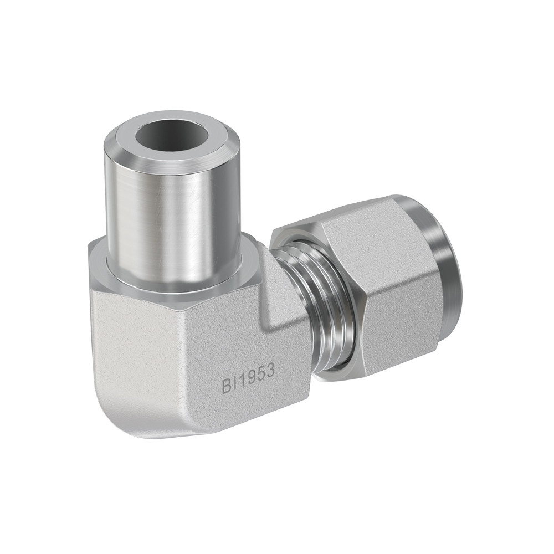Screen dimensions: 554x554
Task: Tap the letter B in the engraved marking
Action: click(x=227, y=384)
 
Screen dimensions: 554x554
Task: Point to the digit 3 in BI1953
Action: click(x=270, y=371)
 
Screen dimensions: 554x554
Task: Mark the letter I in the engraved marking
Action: click(x=234, y=382)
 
